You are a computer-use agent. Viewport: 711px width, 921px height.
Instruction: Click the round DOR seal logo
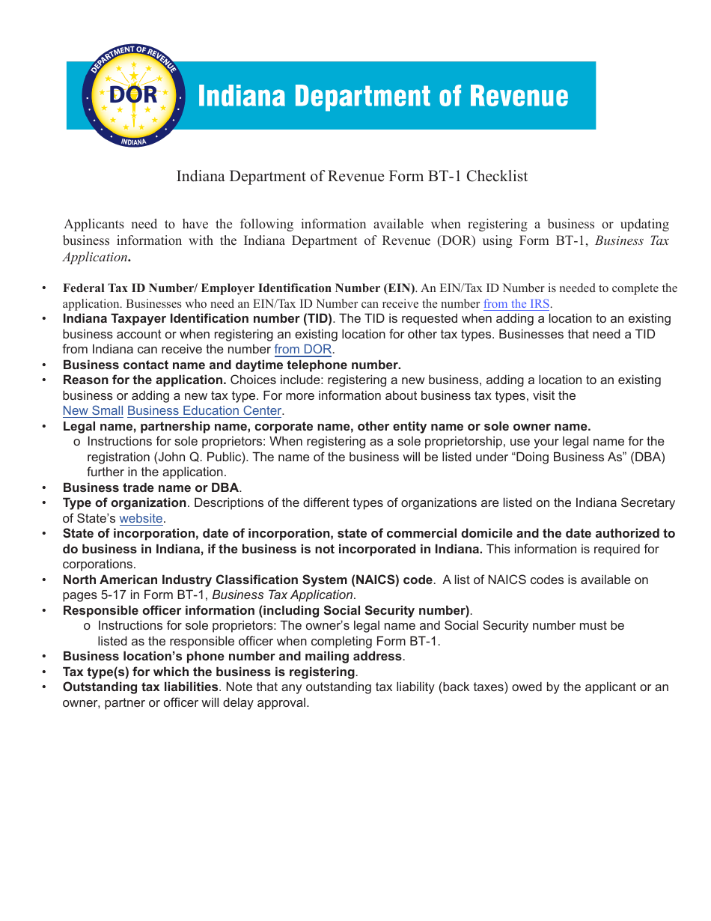[133, 96]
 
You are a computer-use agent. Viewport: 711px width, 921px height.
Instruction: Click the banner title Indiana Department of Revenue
[382, 97]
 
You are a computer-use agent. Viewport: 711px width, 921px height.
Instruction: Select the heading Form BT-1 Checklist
[352, 176]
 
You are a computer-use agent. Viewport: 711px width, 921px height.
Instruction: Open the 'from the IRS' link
[516, 304]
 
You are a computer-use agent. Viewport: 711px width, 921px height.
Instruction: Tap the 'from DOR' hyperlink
[302, 350]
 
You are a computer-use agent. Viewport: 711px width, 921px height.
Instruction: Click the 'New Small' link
[93, 411]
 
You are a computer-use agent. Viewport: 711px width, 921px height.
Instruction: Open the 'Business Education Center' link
[204, 411]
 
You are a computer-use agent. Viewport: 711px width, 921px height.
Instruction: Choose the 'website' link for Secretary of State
[141, 519]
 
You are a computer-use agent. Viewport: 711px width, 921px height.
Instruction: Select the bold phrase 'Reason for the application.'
[144, 380]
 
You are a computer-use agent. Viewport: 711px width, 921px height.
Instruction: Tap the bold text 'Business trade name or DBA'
[150, 488]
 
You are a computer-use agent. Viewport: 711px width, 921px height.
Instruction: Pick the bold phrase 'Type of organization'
[124, 503]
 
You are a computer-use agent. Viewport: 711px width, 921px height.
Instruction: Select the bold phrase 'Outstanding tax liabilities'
[140, 687]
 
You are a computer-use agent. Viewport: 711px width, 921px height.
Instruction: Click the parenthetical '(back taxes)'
[474, 687]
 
